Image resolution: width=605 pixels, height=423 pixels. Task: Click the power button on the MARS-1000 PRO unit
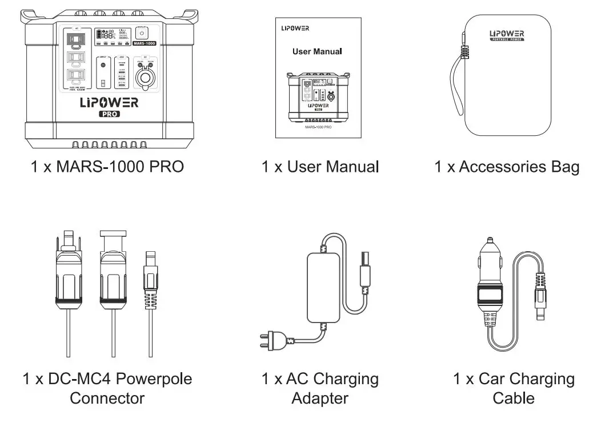(142, 34)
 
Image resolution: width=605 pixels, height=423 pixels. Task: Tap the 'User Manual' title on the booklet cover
(317, 51)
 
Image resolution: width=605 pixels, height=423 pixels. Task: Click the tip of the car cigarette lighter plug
(489, 242)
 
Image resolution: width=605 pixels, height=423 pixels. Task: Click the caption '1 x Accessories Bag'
(506, 167)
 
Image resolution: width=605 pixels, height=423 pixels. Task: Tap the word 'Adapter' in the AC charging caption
(319, 398)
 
